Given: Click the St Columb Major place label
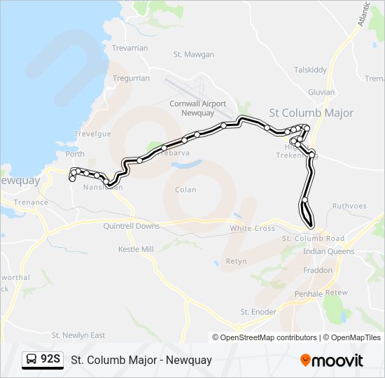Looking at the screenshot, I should [311, 113].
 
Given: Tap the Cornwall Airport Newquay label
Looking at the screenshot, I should [198, 108].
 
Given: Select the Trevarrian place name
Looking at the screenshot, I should [130, 48].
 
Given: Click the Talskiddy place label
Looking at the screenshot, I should [311, 70].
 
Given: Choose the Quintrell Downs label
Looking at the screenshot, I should [131, 226].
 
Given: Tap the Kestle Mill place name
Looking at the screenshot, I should [136, 249].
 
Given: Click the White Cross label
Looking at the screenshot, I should [252, 229].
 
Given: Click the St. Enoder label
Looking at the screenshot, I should [258, 311].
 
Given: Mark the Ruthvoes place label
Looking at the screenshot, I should [349, 206].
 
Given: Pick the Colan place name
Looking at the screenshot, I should [186, 190].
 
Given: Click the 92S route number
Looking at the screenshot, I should [50, 360].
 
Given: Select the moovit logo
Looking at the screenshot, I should [332, 360].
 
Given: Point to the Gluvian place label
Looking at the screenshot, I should [321, 92].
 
